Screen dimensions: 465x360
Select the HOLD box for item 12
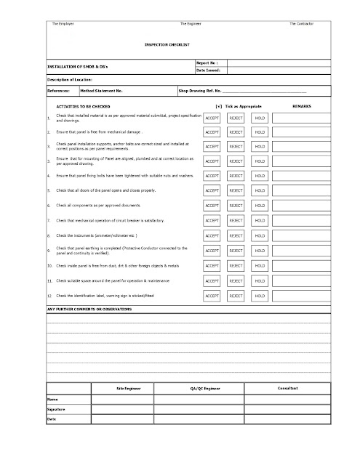tap(260, 296)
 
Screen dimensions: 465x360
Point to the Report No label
tap(207, 63)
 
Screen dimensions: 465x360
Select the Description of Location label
tap(70, 79)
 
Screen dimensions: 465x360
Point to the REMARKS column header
tap(302, 106)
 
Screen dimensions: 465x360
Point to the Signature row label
tap(57, 410)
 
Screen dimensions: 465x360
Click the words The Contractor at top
tap(301, 24)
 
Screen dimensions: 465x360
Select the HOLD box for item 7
tap(260, 220)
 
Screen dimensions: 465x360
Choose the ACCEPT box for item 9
tap(213, 251)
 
